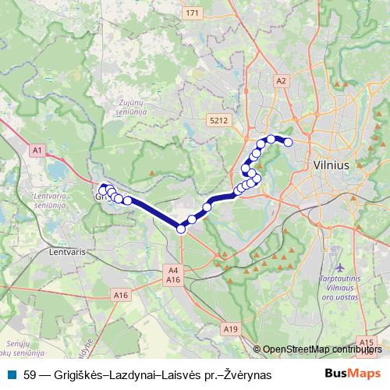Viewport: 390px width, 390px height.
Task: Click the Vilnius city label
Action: click(336, 165)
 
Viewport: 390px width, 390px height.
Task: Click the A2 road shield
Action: click(282, 80)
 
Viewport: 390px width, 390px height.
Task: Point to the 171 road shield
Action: click(193, 14)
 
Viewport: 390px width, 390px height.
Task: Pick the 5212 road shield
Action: click(218, 121)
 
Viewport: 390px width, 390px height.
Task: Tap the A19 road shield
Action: click(230, 330)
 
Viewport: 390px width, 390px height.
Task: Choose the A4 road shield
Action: click(173, 271)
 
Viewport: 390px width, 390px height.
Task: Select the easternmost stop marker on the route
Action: click(288, 142)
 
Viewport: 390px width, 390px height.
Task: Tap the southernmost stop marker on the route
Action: click(181, 229)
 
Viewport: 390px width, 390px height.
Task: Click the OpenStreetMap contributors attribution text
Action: click(322, 349)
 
